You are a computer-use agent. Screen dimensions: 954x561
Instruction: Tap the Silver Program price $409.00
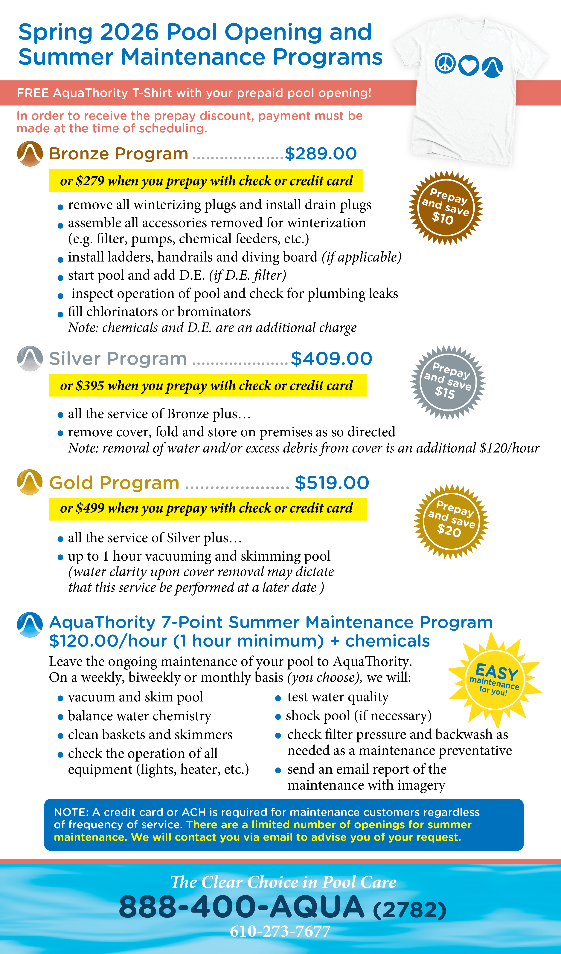click(331, 359)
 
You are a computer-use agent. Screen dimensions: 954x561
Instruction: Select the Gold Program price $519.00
click(332, 483)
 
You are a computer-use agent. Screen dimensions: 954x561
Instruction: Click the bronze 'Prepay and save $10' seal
click(446, 208)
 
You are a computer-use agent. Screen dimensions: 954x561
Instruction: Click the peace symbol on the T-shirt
click(445, 63)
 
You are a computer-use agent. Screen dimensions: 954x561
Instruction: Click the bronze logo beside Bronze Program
click(30, 154)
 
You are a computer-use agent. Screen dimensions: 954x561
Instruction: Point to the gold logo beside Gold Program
click(30, 482)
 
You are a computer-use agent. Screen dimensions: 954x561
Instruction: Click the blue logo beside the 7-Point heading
click(30, 625)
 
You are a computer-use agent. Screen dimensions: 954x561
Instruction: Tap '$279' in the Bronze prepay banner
click(90, 181)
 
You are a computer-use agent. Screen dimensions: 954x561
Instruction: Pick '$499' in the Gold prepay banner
click(90, 508)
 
